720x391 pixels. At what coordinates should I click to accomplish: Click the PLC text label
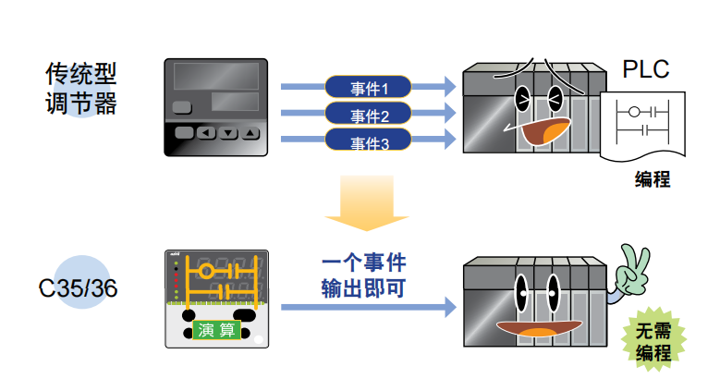click(x=646, y=69)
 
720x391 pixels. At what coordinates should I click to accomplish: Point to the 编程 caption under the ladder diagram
click(x=652, y=178)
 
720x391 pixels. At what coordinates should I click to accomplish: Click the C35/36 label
click(x=79, y=287)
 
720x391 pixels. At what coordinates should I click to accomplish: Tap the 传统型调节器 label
click(x=81, y=88)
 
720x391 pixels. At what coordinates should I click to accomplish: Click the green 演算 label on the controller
click(x=217, y=329)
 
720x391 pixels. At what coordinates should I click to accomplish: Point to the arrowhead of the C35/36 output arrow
click(x=450, y=307)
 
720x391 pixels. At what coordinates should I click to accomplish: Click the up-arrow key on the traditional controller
click(x=251, y=133)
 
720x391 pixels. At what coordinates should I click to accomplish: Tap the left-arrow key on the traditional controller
click(x=205, y=133)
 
